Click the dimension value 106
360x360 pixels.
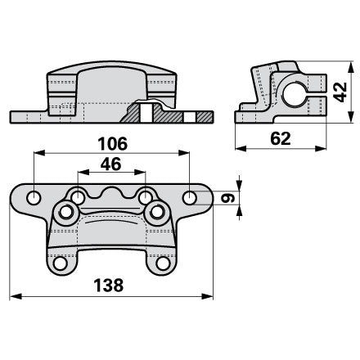(x=112, y=144)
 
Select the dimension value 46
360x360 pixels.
(x=110, y=164)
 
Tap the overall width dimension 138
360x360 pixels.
(x=109, y=285)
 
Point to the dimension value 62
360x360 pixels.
(x=281, y=138)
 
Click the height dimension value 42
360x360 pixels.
(x=340, y=92)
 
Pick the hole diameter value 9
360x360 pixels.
(x=228, y=198)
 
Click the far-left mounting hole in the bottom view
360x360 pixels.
(x=34, y=197)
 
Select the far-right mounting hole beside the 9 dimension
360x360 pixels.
(x=190, y=197)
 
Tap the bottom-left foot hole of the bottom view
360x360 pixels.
(x=60, y=263)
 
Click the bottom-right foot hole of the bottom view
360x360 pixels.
(x=163, y=263)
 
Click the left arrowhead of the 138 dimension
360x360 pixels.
(x=16, y=296)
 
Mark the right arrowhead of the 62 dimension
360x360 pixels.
(x=321, y=148)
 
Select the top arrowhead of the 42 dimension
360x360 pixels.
(x=351, y=67)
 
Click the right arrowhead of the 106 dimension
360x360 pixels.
(x=184, y=153)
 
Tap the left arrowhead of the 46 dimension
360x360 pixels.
(x=83, y=172)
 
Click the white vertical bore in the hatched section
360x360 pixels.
(x=146, y=112)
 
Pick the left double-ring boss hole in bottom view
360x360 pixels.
(x=65, y=212)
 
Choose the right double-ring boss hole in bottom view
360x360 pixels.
(x=157, y=212)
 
